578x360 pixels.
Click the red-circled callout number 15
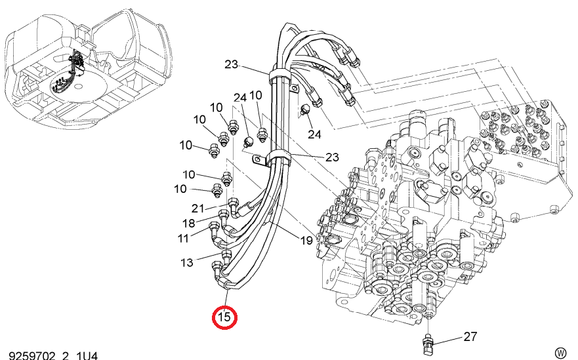point(224,317)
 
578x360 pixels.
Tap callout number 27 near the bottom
point(470,336)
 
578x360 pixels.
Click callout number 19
point(306,241)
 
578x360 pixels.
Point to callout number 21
point(197,209)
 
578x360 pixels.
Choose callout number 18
point(189,223)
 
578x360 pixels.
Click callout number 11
point(183,238)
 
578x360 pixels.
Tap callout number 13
point(186,262)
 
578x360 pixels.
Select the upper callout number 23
point(231,64)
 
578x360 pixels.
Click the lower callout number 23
point(332,157)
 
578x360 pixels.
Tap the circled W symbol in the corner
point(560,353)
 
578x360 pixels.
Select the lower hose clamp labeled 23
point(279,159)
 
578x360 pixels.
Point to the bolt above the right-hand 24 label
point(306,110)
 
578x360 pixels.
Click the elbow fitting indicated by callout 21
point(234,207)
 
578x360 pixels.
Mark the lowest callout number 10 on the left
point(180,189)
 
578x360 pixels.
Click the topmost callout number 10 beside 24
point(255,95)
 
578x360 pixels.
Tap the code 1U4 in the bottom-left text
point(87,355)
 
